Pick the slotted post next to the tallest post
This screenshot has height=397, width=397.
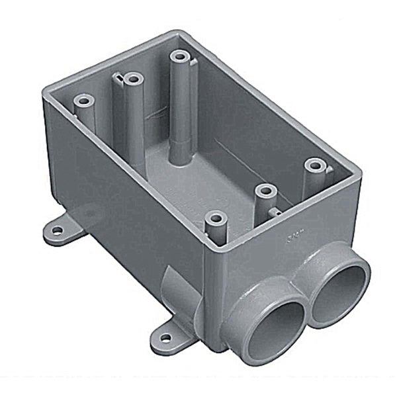(x=134, y=80)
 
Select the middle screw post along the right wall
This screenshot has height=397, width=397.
(x=265, y=191)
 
